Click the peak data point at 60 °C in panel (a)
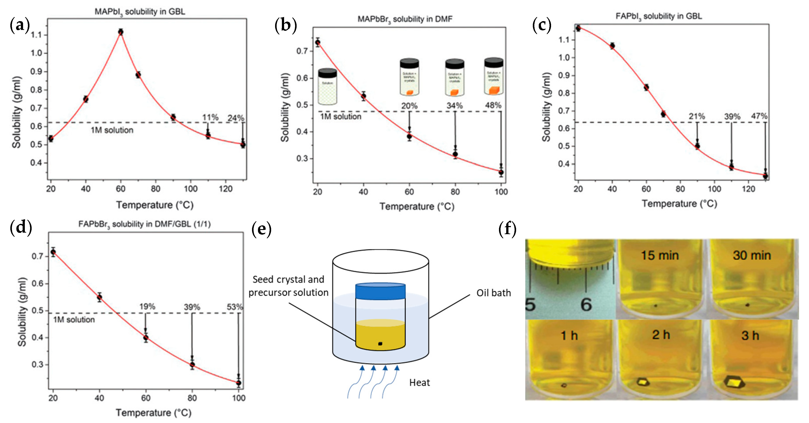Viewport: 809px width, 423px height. pos(121,32)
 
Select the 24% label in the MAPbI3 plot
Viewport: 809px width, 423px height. pos(236,118)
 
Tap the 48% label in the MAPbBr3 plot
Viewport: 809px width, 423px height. pos(493,105)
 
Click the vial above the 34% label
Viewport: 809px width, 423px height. pos(454,77)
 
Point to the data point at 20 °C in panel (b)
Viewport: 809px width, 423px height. pos(318,42)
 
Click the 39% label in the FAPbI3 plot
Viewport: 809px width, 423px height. pos(732,117)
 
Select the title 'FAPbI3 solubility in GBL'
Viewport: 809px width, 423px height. pos(658,16)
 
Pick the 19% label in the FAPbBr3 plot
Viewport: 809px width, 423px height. pos(147,306)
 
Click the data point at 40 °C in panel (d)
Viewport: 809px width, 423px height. pos(100,297)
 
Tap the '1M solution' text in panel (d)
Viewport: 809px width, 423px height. pos(74,320)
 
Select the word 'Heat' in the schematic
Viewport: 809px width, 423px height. pos(419,383)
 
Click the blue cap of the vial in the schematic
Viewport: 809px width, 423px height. pos(380,291)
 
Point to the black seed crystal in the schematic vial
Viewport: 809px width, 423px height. pos(380,344)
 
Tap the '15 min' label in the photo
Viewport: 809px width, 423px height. pos(660,255)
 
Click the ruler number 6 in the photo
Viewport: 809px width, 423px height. pos(586,304)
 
